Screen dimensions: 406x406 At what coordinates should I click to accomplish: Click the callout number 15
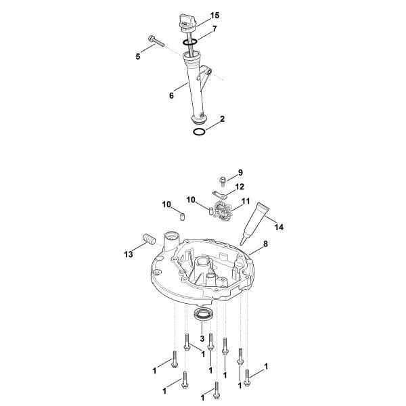[196, 15]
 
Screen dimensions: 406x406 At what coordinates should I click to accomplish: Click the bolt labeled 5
[156, 42]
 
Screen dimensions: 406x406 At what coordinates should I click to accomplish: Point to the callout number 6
[172, 96]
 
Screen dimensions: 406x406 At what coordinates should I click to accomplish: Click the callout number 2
[222, 118]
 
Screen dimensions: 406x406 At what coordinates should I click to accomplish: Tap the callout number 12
[240, 187]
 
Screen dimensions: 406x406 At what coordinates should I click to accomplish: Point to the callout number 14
[279, 227]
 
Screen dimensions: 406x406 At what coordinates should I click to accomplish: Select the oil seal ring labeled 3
[203, 315]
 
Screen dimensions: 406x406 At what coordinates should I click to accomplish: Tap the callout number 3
[202, 338]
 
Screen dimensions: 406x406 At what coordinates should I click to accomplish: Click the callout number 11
[245, 202]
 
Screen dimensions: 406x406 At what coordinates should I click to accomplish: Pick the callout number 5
[137, 58]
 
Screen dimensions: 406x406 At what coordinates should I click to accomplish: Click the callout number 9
[239, 173]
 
